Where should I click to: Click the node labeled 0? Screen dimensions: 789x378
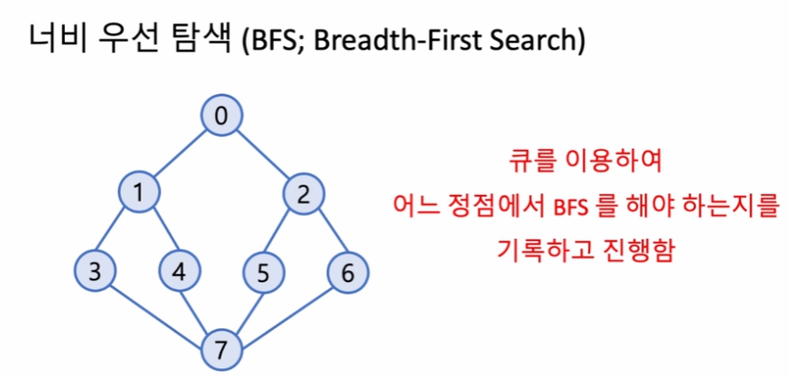click(x=222, y=116)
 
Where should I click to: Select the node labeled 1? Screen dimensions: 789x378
click(x=139, y=193)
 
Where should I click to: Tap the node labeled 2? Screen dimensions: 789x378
click(x=304, y=194)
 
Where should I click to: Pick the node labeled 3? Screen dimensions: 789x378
click(x=96, y=272)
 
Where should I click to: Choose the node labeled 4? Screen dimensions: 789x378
click(x=179, y=272)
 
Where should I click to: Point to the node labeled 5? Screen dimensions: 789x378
click(x=264, y=272)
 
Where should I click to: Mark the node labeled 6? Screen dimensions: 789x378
click(x=347, y=272)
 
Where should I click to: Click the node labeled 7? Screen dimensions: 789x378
click(x=222, y=350)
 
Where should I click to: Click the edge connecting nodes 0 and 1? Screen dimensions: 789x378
click(x=180, y=154)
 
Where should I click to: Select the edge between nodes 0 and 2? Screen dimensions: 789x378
click(x=263, y=155)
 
